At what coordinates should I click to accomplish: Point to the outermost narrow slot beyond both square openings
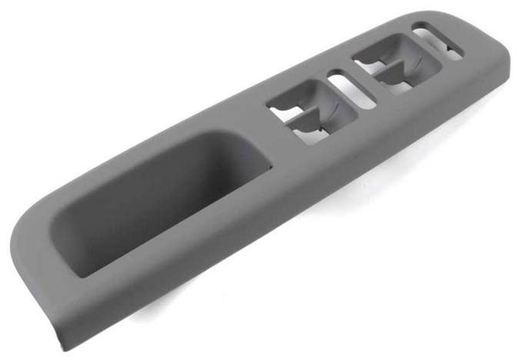(x=438, y=44)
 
